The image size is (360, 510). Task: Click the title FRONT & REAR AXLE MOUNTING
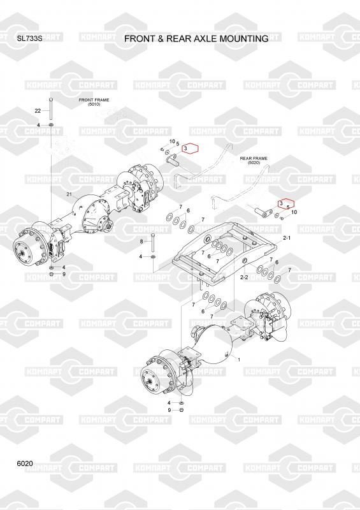pos(196,38)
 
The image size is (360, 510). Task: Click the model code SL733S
pos(29,38)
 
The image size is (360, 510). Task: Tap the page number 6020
pos(25,463)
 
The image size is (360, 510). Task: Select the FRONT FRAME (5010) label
pos(94,102)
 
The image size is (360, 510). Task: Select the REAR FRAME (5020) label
pos(254,161)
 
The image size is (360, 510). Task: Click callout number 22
pos(38,110)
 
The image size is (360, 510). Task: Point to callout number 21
pos(69,194)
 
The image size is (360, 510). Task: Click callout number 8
pos(141,242)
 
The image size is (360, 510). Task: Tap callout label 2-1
pos(287,238)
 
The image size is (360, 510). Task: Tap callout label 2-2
pos(244,277)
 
